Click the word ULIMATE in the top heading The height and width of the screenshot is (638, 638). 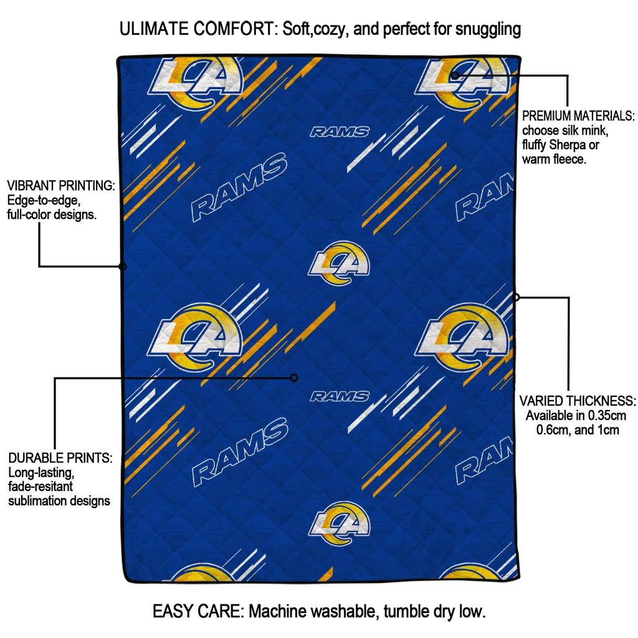coord(154,29)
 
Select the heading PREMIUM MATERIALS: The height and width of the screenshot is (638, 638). coord(578,116)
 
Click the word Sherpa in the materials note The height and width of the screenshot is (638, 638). coord(568,145)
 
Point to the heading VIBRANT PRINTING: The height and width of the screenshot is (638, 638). coord(61,186)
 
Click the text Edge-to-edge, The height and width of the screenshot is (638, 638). coord(44,200)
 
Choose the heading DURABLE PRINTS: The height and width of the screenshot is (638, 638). coord(60,458)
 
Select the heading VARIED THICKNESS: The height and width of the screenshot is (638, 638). coord(578,401)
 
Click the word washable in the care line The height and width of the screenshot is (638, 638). coord(345,612)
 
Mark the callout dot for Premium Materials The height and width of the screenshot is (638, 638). coord(455,75)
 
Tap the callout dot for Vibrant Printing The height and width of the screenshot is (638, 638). coord(123,267)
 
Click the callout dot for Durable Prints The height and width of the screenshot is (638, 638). coord(294,378)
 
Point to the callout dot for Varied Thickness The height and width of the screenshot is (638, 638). coord(516,297)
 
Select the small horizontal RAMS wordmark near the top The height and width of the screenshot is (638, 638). coord(340,132)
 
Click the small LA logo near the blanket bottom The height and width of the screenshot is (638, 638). coord(340,524)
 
